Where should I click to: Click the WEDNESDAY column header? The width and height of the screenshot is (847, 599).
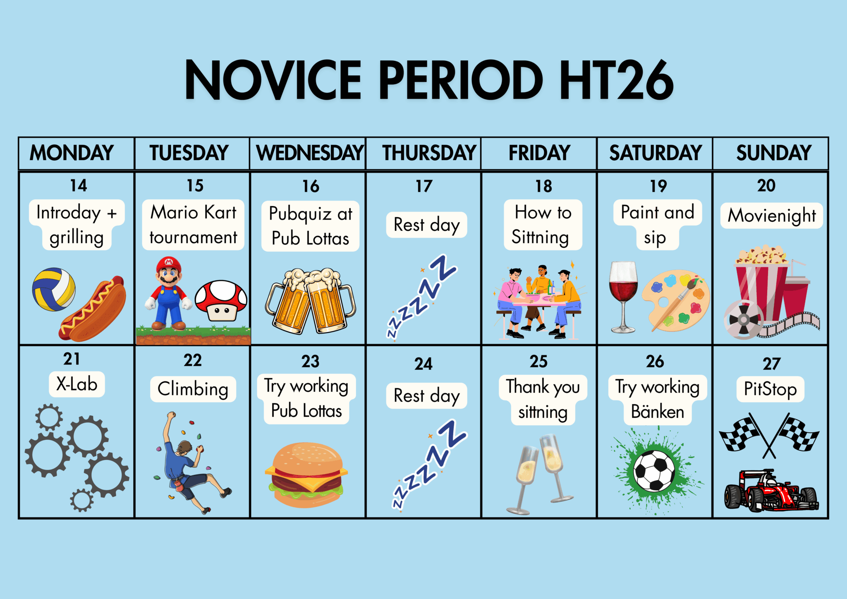coord(310,153)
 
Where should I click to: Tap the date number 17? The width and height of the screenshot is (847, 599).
coord(424,186)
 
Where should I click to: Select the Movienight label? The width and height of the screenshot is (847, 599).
coord(772,216)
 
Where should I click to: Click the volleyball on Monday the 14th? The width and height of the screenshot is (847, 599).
coord(54,289)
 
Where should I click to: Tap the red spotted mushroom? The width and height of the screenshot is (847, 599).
coord(221,300)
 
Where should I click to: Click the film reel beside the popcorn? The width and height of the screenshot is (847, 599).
coord(743,319)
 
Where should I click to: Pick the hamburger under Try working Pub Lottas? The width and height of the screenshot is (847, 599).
coord(306,475)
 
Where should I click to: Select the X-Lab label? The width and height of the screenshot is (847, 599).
coord(77,384)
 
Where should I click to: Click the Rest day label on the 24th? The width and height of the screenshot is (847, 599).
coord(426,396)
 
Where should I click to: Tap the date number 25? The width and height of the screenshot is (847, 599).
coord(539,362)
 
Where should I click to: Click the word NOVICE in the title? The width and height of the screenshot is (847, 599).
coord(273,79)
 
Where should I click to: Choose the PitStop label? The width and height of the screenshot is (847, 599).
coord(770,389)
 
